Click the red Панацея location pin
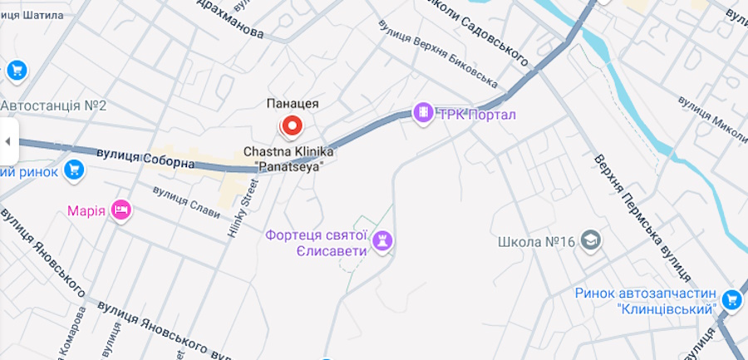click(x=292, y=126)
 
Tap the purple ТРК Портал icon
click(x=423, y=113)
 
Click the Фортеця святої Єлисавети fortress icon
click(x=384, y=241)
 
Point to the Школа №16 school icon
click(x=591, y=241)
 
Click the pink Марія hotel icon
click(x=121, y=210)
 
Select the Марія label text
click(x=86, y=210)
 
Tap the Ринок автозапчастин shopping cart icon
click(x=731, y=299)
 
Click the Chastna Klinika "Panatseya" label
click(x=288, y=159)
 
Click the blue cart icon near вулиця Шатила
click(x=17, y=70)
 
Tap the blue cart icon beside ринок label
click(x=74, y=170)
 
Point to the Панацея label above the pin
click(x=293, y=103)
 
